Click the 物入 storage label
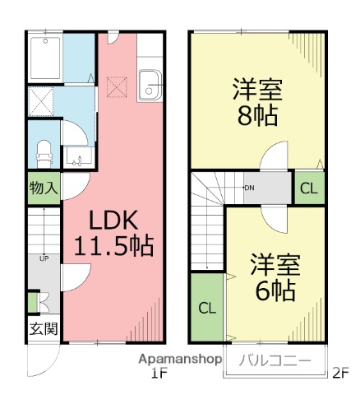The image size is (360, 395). click(43, 188)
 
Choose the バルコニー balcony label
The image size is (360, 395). click(275, 360)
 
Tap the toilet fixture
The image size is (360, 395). click(45, 151)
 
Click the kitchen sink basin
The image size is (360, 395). click(151, 82)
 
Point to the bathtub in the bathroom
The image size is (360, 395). click(46, 57)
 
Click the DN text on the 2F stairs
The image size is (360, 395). click(249, 188)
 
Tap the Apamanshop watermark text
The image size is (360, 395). click(181, 360)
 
